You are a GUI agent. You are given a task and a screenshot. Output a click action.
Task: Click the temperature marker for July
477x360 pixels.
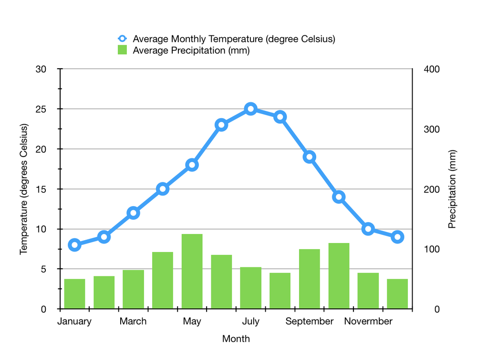point(251,109)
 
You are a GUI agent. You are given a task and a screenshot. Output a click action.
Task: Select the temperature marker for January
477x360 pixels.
point(74,245)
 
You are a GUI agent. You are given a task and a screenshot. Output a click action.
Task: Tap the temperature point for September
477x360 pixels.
point(310,157)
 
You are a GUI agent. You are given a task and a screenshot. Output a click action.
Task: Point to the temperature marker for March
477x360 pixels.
point(133,213)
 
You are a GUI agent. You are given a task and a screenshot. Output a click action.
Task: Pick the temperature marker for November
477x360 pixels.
point(368,229)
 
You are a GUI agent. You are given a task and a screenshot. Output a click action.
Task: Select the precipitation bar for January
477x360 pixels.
point(74,294)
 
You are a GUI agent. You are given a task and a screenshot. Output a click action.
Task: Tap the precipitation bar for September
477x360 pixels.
point(310,279)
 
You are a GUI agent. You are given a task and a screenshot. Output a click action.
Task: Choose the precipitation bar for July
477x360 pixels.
point(251,288)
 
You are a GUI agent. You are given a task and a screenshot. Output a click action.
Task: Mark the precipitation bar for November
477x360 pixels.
point(368,291)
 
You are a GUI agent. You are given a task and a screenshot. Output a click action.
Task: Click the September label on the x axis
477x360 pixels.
point(310,321)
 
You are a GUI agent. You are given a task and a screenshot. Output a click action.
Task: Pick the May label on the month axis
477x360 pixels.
point(192,321)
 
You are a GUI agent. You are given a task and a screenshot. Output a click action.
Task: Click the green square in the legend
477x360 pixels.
point(123,50)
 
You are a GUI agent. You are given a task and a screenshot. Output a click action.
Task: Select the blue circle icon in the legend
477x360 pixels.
point(123,39)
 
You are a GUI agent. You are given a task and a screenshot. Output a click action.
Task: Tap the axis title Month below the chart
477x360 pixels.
point(236,339)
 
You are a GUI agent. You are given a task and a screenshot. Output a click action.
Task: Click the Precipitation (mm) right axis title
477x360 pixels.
point(453,189)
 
